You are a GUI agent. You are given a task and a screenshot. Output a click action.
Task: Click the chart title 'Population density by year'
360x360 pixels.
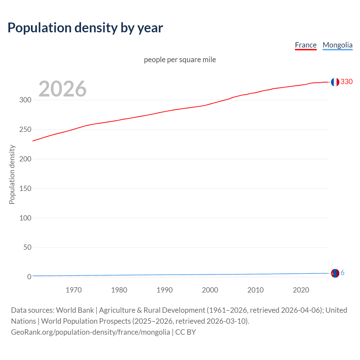[85, 28]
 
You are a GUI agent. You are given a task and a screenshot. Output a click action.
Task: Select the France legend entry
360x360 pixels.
[306, 45]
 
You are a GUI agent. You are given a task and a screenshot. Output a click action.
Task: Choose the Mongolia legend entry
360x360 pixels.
[337, 45]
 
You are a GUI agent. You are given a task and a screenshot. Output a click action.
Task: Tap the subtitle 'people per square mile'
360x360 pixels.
[180, 60]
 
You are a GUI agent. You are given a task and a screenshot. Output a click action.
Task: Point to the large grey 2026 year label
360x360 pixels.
[62, 89]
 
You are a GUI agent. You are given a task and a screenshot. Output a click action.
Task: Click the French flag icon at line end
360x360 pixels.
[335, 82]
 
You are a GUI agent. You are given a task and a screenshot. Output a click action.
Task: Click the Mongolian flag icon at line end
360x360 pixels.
[335, 273]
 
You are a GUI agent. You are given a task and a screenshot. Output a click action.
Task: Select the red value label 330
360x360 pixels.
[346, 82]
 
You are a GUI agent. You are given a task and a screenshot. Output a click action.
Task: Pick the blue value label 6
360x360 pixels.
[343, 273]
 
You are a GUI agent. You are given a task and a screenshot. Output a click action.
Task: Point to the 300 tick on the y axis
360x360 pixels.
[25, 100]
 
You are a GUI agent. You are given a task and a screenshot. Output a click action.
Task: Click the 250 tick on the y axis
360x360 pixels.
[25, 130]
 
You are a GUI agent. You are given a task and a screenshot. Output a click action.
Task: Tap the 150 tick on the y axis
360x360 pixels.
[25, 188]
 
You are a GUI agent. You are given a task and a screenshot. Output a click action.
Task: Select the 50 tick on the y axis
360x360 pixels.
[27, 247]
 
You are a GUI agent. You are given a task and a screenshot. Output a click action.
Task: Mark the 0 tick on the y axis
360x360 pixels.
[29, 277]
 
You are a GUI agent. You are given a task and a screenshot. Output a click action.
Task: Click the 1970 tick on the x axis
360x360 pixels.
[74, 290]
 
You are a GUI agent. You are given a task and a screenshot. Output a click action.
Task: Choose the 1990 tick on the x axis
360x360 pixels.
[165, 290]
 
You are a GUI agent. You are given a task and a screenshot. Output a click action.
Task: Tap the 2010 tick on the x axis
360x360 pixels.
[255, 290]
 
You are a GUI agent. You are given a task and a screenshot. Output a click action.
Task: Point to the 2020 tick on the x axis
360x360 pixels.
[301, 290]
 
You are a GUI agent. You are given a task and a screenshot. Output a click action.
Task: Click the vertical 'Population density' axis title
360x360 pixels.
[12, 174]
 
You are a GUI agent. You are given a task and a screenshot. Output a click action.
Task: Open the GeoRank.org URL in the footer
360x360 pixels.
[91, 332]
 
